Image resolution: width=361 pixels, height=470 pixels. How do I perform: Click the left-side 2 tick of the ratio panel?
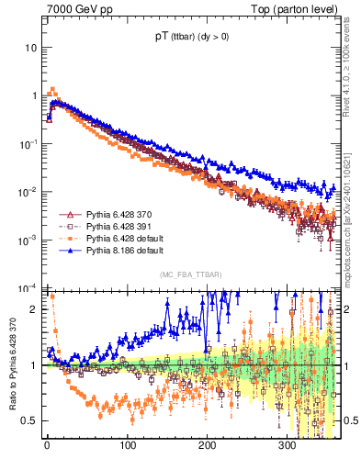point(36,309)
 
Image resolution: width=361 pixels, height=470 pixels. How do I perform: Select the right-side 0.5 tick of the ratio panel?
point(348,420)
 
